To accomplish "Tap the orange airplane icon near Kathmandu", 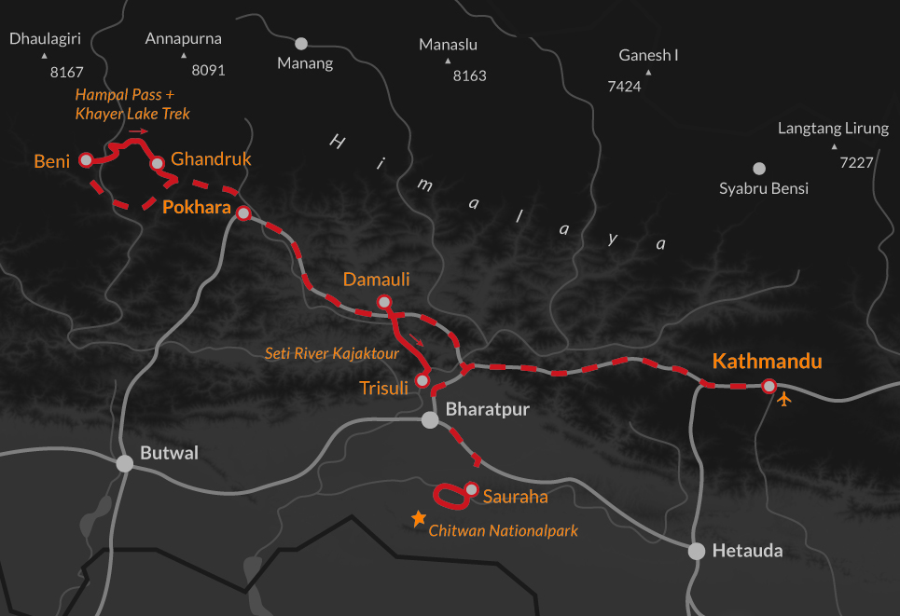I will click(784, 400).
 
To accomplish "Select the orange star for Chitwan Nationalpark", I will click(419, 519).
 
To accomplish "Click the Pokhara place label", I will click(196, 207).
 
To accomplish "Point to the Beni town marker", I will click(86, 160).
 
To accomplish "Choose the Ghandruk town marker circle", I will click(158, 163).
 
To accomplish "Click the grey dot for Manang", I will click(301, 43).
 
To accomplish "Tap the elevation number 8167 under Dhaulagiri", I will click(68, 72).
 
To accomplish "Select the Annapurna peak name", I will click(185, 39).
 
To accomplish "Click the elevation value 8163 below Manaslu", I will click(469, 75).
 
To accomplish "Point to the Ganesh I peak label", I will click(648, 56).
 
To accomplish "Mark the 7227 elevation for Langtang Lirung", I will click(856, 162).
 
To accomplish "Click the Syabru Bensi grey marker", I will click(759, 169).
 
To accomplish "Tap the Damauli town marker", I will click(383, 301).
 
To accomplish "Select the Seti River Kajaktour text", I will click(331, 354).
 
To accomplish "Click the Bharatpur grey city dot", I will click(430, 420).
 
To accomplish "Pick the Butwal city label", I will click(169, 454).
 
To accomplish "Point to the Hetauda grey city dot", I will click(696, 551).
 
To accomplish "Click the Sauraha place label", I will click(515, 497).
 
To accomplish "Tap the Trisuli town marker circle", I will click(422, 380).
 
